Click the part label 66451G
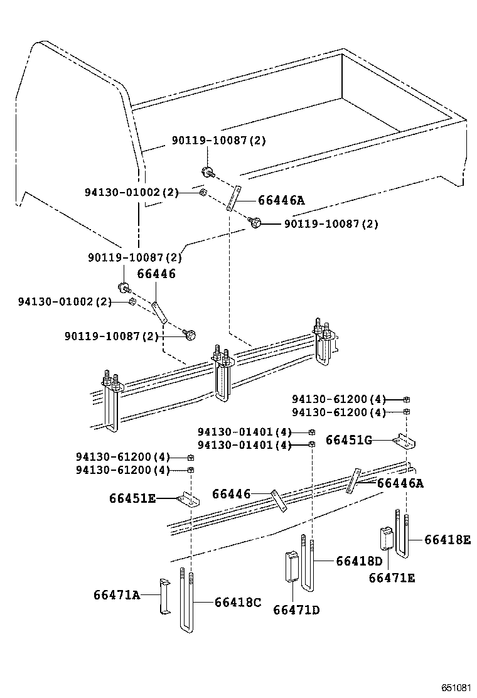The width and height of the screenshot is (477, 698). pos(349,440)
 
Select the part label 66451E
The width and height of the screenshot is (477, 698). pos(132,498)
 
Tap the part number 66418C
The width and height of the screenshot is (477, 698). pos(237,602)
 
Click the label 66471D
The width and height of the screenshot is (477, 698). pos(296,609)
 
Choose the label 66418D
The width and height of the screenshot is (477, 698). pos(359,561)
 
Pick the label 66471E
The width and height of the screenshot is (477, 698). pos(392,578)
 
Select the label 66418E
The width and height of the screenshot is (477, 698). pos(448,539)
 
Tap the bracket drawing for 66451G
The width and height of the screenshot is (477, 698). pos(405,443)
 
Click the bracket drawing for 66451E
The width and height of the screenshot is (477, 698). pos(188,500)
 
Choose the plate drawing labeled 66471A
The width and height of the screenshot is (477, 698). pos(164,597)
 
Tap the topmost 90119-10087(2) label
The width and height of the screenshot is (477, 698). pos(219,141)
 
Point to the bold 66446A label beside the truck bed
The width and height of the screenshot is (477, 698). pos(281,200)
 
